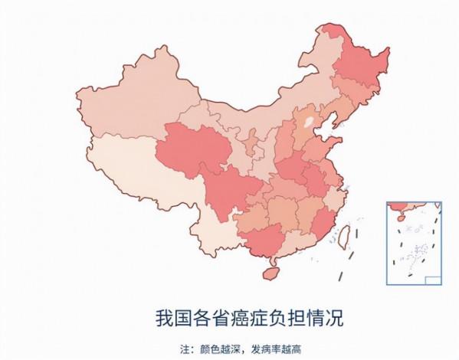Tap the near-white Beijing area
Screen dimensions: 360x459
pos(309,120)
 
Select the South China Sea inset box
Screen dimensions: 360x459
pos(414,242)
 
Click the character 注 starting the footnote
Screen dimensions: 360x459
pos(184,346)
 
